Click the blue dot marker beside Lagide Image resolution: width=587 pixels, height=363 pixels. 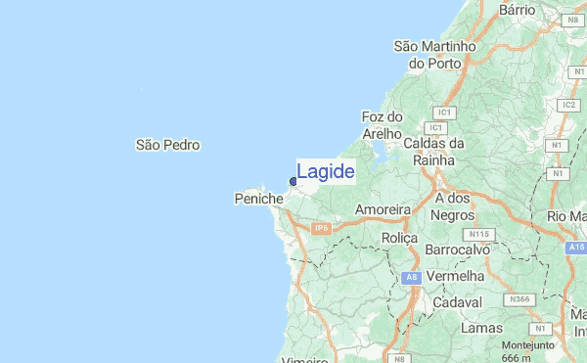coord(293,181)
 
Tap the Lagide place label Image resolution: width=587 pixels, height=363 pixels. coord(325,172)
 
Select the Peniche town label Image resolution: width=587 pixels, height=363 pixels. coord(259,199)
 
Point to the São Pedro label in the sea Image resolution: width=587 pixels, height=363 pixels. coord(167,145)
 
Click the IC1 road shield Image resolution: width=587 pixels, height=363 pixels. coord(435,128)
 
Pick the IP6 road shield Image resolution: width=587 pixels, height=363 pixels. coord(322,228)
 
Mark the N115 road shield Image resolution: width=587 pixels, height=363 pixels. coord(478,235)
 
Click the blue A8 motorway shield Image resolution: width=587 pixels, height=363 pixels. coord(412,278)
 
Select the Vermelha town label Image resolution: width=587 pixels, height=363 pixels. coord(457,277)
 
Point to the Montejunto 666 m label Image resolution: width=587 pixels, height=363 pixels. coord(528,350)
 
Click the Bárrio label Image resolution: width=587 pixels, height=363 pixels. coord(518,9)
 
